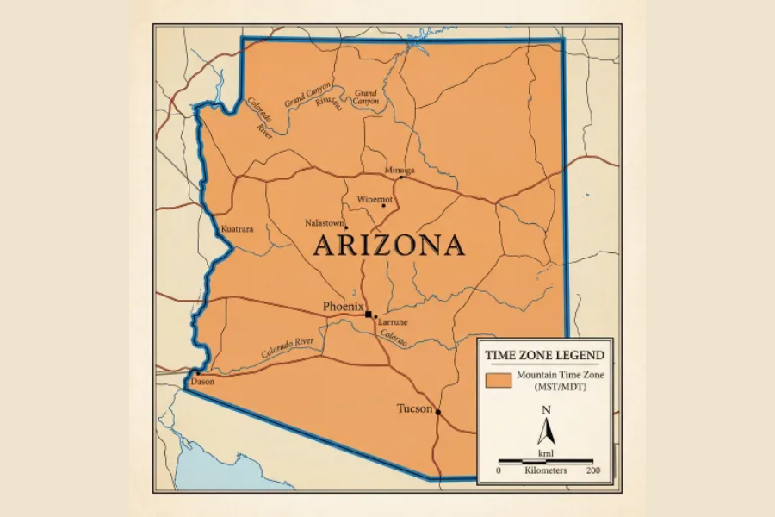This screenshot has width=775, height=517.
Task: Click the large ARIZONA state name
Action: [x=388, y=246]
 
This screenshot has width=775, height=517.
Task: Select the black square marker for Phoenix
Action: [x=369, y=315]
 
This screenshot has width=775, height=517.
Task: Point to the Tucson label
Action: [x=414, y=408]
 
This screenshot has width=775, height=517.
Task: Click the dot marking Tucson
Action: [x=437, y=412]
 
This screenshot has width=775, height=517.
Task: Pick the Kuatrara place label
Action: [x=237, y=230]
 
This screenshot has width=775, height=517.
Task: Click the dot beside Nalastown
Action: [x=346, y=227]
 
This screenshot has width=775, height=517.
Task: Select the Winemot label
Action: [x=375, y=199]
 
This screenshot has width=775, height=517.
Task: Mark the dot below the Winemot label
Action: [x=383, y=206]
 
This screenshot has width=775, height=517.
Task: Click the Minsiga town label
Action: [x=400, y=170]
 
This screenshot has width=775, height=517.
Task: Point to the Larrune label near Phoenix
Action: [x=393, y=322]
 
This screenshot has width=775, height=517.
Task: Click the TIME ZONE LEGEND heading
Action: [x=544, y=355]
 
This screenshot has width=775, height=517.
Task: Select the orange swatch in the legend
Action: [x=498, y=380]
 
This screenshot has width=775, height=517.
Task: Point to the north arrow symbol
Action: [x=545, y=428]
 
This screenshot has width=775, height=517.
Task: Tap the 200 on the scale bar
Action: [x=592, y=471]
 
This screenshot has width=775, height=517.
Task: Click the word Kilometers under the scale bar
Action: [x=546, y=471]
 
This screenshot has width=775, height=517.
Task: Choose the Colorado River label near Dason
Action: [x=288, y=346]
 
